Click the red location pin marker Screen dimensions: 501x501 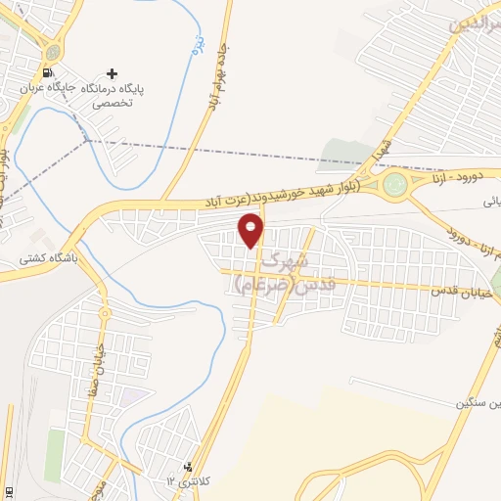[251, 230]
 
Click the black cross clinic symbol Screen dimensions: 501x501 [114, 73]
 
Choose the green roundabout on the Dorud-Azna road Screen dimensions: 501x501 [394, 184]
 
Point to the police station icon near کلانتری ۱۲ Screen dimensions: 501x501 [187, 468]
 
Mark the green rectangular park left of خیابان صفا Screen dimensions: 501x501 [54, 454]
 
